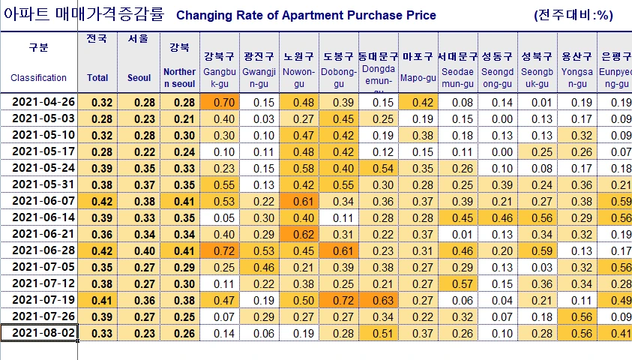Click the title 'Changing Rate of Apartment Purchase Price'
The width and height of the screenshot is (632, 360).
point(305,15)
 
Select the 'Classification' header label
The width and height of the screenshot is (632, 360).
point(38,77)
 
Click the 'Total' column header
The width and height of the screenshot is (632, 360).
point(97,77)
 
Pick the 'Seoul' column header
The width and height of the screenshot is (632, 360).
point(139,77)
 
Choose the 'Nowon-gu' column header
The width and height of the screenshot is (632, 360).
point(298,72)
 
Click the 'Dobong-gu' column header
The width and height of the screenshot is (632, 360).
point(339,72)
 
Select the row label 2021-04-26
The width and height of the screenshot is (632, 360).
point(39,103)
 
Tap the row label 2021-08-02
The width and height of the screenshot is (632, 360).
point(39,333)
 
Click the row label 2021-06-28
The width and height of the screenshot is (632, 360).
point(39,250)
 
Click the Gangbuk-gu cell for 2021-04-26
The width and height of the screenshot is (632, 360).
point(219,103)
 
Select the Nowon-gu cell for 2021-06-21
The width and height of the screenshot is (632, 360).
point(298,234)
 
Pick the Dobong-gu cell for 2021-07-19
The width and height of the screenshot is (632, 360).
point(339,300)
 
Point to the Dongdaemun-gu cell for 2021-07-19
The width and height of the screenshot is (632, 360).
point(379,300)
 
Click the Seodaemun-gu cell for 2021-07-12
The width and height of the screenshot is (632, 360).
point(457,283)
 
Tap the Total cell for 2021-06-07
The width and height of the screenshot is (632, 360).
point(97,201)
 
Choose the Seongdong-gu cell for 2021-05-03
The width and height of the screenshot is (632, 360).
point(496,119)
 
